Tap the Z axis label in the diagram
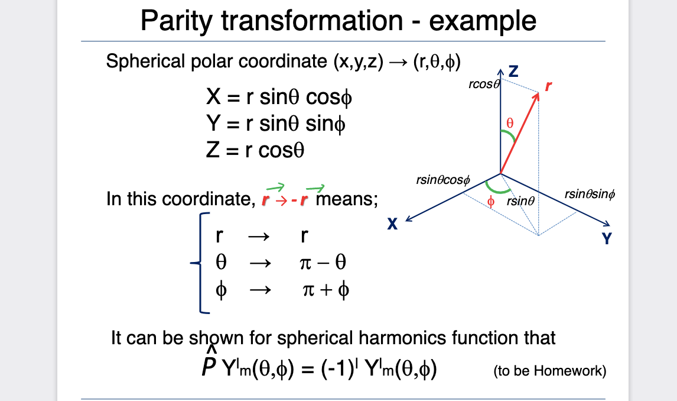tap(513, 72)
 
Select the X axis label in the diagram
tap(392, 224)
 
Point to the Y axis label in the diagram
tap(607, 238)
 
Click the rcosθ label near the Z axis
tap(484, 84)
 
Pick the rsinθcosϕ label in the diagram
tap(443, 180)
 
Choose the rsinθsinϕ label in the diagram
tap(590, 195)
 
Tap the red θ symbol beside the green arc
tap(510, 123)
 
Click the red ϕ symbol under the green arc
tap(490, 202)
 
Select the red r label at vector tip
tap(548, 86)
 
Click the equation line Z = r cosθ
tap(255, 150)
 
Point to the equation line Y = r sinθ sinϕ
tap(276, 124)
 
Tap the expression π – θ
tap(323, 262)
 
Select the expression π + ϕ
tap(326, 290)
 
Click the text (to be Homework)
tap(549, 371)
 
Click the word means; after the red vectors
tap(347, 199)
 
